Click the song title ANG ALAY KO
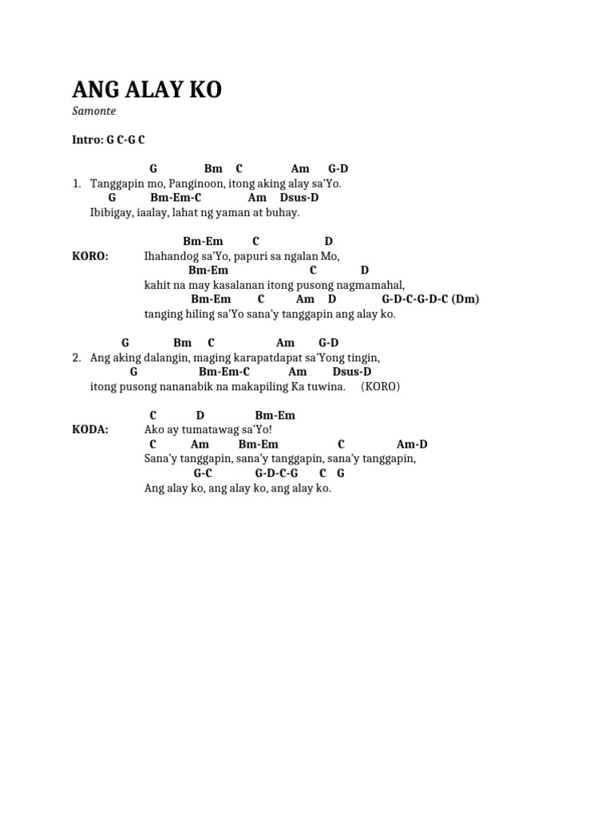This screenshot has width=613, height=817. click(x=147, y=89)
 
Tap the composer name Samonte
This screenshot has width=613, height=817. click(x=94, y=111)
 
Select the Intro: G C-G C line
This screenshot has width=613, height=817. click(x=109, y=140)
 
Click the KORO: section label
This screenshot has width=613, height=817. click(x=90, y=256)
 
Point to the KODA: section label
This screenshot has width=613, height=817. click(x=90, y=430)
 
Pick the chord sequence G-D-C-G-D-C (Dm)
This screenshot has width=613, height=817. click(x=430, y=299)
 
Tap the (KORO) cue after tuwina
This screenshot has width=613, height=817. click(x=381, y=387)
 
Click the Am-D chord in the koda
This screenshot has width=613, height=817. click(x=412, y=444)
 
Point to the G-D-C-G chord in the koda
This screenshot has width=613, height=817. click(x=276, y=473)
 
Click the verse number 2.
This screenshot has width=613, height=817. click(x=77, y=358)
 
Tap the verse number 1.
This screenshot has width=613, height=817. click(x=77, y=184)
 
